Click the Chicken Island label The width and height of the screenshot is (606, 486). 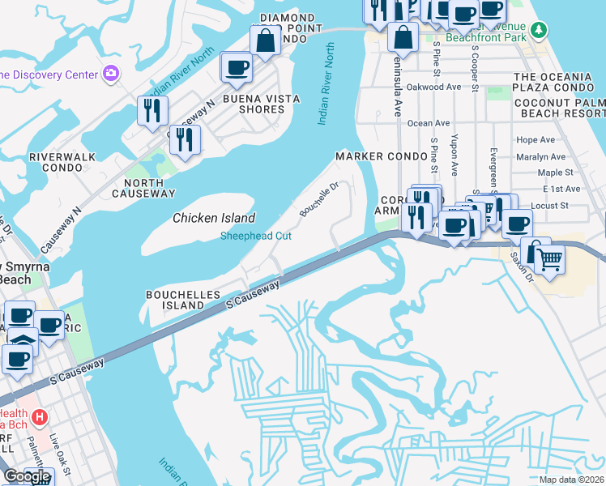(214, 218)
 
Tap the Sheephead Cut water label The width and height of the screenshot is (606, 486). (257, 236)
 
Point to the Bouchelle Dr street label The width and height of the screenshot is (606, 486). (318, 198)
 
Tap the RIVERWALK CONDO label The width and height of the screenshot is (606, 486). (55, 161)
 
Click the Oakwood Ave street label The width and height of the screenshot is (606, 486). (433, 87)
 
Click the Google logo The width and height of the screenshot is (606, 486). (26, 476)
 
